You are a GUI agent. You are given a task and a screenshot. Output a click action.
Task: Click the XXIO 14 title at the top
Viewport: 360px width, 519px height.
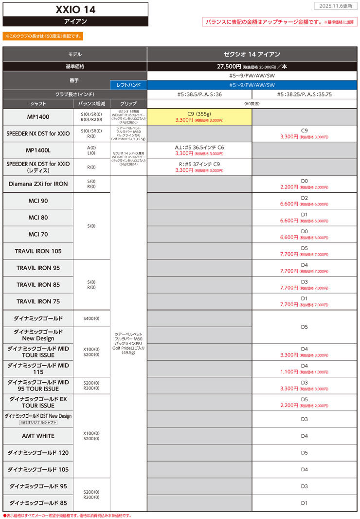[x=75, y=9]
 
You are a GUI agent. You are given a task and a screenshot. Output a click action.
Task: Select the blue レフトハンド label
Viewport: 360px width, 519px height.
[x=128, y=84]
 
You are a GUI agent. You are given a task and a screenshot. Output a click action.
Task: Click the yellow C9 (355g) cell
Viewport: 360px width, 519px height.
[x=199, y=116]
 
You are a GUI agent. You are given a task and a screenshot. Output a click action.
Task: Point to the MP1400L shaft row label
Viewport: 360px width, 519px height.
[x=38, y=150]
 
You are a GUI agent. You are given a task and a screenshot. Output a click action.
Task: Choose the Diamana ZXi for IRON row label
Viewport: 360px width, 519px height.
[x=38, y=184]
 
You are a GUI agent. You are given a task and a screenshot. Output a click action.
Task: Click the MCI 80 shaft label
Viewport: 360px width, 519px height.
[x=38, y=217]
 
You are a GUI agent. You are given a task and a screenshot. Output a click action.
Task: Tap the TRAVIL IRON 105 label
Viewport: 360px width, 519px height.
[x=38, y=251]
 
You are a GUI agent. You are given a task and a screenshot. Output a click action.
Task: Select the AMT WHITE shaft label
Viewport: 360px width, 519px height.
[x=38, y=436]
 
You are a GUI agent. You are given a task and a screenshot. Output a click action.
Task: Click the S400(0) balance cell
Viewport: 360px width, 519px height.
[x=92, y=318]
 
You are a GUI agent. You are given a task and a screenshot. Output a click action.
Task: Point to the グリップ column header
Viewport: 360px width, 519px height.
[x=128, y=104]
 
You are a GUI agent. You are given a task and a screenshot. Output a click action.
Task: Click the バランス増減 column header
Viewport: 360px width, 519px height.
[x=92, y=104]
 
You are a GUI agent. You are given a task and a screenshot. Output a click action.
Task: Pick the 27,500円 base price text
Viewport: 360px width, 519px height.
[x=229, y=66]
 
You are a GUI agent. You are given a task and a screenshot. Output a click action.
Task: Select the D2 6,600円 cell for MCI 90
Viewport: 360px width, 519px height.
[x=305, y=201]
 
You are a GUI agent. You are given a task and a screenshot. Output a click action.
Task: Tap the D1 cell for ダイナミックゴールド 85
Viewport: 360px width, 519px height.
[x=305, y=502]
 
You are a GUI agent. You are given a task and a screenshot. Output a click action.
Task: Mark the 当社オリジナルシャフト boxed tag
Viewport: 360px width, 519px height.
[x=38, y=423]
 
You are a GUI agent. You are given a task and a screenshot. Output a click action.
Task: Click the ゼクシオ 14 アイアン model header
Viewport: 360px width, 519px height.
[x=252, y=54]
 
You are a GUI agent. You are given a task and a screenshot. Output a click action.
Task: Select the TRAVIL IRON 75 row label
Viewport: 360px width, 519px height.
[x=38, y=301]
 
